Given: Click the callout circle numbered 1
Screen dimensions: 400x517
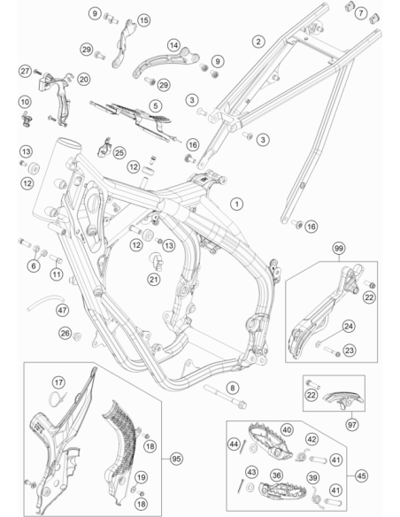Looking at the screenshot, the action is (x=236, y=204).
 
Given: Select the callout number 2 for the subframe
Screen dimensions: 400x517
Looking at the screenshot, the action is (x=258, y=42).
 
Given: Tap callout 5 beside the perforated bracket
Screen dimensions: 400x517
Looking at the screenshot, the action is (x=156, y=106).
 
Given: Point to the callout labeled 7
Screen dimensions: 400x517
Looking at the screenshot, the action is (x=361, y=13).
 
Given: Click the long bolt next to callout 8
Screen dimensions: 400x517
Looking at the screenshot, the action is (x=225, y=396).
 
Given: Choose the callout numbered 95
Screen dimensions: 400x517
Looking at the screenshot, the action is (x=176, y=459).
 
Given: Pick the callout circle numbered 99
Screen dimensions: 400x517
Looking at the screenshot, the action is (x=338, y=249).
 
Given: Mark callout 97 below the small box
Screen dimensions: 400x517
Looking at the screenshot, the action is (x=352, y=425).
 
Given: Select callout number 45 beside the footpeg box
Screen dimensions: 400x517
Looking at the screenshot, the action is (x=361, y=475).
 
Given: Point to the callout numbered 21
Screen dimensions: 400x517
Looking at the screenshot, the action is (x=154, y=280).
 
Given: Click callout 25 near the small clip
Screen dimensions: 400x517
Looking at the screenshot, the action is (x=119, y=152).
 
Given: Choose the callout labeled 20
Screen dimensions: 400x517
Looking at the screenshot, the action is (x=84, y=80).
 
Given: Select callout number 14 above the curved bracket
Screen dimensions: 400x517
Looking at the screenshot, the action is (x=174, y=45).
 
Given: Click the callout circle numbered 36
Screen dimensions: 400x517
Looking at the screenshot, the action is (x=276, y=475).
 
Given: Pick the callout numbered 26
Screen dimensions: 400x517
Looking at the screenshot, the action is (x=65, y=333).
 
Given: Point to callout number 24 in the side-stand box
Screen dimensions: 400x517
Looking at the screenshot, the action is (x=349, y=327).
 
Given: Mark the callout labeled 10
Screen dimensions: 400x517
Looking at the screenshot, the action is (x=25, y=102).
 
